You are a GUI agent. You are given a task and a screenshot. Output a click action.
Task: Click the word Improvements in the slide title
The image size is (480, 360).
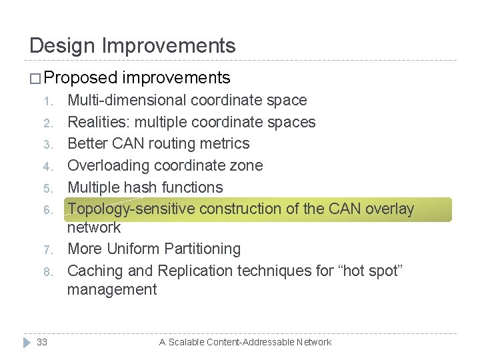170,45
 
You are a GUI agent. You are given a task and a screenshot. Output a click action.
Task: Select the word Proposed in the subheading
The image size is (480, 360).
80,78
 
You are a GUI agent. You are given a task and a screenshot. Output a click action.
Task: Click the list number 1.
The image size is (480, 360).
47,101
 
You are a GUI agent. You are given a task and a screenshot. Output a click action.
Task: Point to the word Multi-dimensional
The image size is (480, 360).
127,101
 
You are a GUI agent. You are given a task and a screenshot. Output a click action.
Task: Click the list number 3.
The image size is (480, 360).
47,145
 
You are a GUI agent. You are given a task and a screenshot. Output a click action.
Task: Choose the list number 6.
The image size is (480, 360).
47,210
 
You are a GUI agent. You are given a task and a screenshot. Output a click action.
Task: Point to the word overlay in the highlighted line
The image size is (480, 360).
389,209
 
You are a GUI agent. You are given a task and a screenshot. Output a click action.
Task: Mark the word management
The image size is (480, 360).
112,289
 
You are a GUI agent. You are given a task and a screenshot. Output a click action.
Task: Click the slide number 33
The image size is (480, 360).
42,342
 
